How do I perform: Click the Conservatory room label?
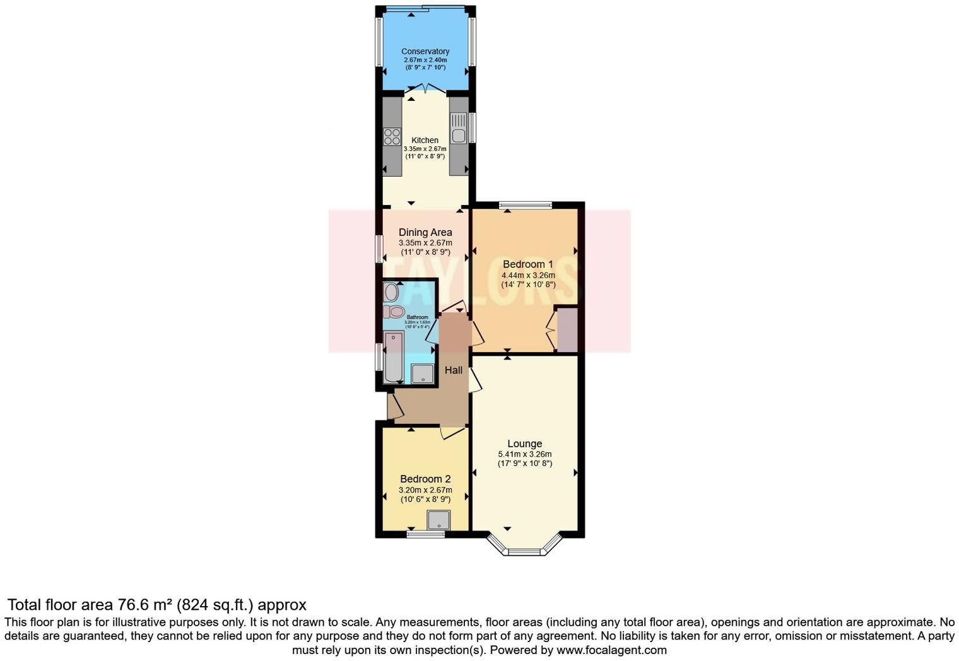[x=425, y=51]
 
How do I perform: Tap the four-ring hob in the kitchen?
[x=392, y=137]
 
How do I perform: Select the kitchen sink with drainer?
[x=459, y=128]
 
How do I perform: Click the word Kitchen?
[x=425, y=140]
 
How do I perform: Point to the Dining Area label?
[x=425, y=232]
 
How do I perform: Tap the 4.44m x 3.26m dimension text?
[x=527, y=275]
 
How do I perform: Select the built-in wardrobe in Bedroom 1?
[x=567, y=329]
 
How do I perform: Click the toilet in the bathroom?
[x=395, y=311]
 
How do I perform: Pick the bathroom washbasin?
[x=391, y=292]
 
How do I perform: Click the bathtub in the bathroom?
[x=394, y=357]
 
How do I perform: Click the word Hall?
[x=453, y=370]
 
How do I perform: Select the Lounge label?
[x=524, y=443]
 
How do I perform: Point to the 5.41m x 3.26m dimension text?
[x=524, y=454]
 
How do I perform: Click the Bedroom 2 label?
[x=425, y=479]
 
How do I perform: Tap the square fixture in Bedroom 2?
[x=438, y=520]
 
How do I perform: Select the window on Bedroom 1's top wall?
[x=525, y=204]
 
